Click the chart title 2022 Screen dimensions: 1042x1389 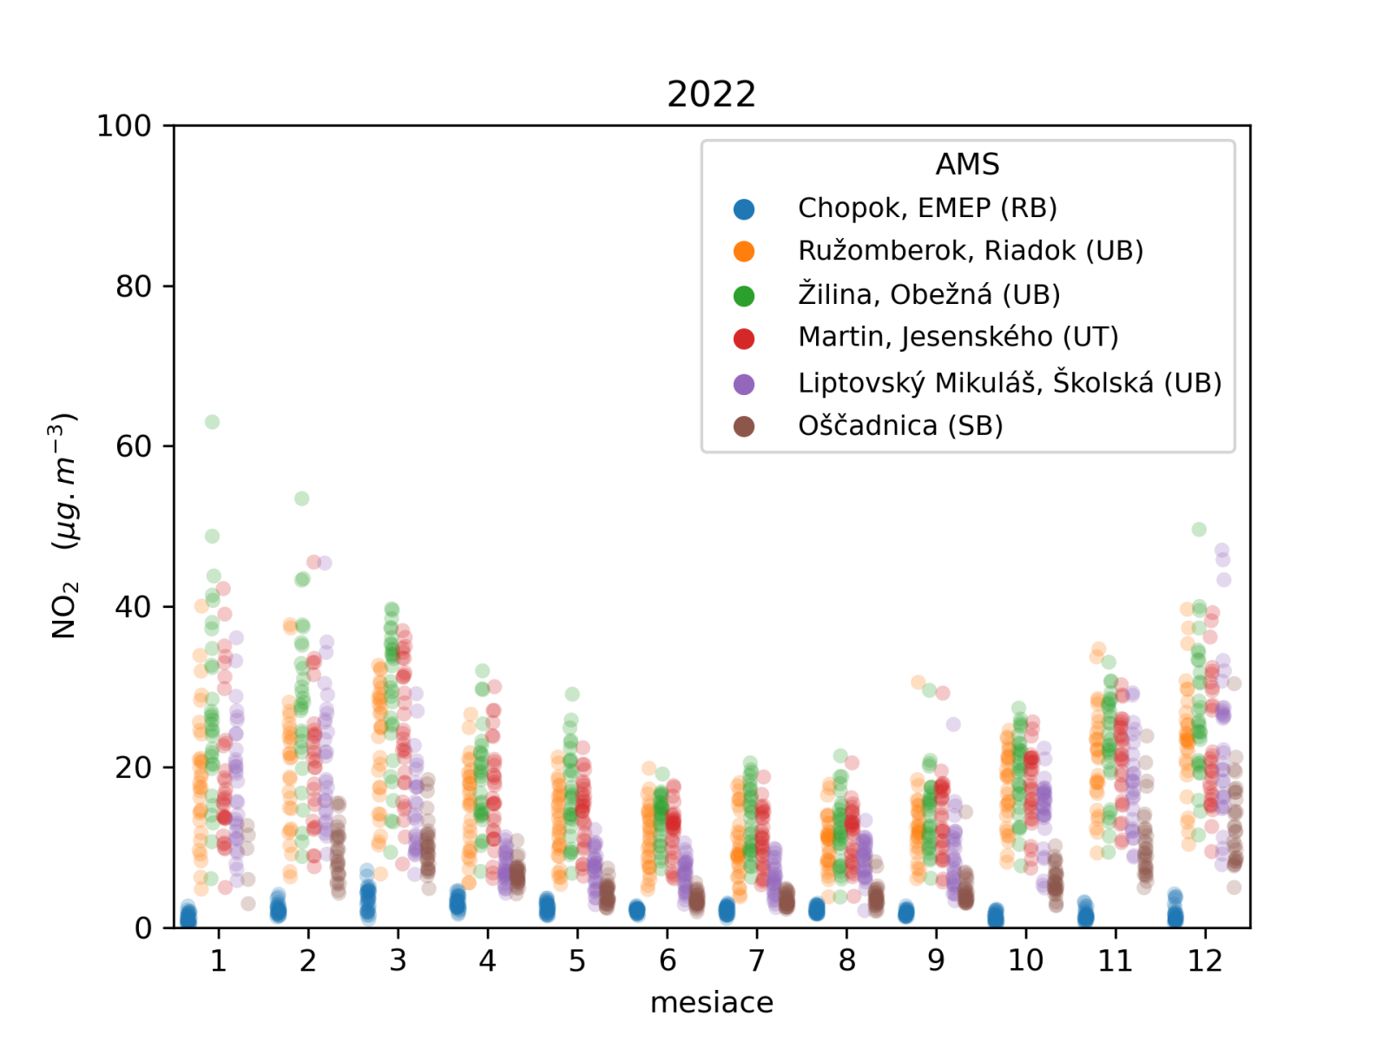coord(711,94)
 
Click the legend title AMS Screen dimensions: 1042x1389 coord(967,164)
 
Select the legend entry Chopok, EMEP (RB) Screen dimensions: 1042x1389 coord(926,208)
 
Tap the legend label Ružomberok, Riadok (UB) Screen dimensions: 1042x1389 coord(970,251)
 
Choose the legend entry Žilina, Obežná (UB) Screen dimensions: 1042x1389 coord(928,295)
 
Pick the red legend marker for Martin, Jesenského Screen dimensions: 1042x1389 coord(744,339)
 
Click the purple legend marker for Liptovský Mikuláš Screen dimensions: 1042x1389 coord(744,384)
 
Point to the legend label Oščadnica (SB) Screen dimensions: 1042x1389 coord(900,426)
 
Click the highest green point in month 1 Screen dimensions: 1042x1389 coord(212,422)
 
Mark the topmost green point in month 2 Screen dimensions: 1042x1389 coord(302,498)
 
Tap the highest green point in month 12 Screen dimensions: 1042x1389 coord(1199,530)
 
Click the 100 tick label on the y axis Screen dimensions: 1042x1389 coord(123,126)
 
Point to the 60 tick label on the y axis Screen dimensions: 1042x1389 coord(133,446)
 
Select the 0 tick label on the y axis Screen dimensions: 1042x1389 coord(143,928)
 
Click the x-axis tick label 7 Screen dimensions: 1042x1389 coord(757,960)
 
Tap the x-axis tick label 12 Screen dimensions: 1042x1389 coord(1205,960)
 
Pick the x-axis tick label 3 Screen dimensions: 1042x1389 coord(398,960)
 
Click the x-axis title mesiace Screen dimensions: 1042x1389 coord(711,1003)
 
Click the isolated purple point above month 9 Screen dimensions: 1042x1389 coord(953,724)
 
